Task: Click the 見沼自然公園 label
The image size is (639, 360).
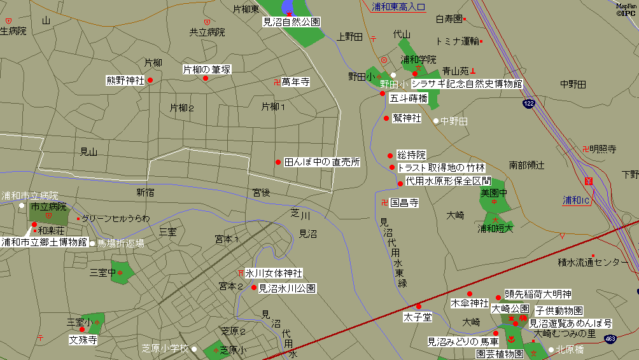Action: [x=291, y=22]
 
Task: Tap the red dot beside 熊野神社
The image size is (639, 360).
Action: [x=150, y=80]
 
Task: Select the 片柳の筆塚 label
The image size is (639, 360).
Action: [x=207, y=69]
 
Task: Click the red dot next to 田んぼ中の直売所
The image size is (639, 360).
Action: [x=278, y=162]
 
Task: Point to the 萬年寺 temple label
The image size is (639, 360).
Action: [x=295, y=82]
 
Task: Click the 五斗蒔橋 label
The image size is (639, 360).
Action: [x=408, y=98]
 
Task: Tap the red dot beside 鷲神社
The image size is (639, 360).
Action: [x=386, y=118]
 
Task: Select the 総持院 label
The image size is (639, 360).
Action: [x=411, y=155]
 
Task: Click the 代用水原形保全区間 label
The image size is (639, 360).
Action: [x=448, y=181]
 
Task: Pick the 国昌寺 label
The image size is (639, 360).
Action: [x=404, y=203]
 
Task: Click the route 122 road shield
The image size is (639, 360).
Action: [x=529, y=103]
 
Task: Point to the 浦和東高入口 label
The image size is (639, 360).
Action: [x=399, y=7]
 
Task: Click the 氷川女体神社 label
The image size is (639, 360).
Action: [x=274, y=273]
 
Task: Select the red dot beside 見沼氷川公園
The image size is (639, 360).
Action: [x=254, y=287]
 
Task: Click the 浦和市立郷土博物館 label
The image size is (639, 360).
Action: [x=44, y=242]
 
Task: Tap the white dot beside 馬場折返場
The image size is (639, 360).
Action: [x=92, y=243]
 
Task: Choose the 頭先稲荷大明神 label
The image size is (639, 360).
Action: [x=538, y=294]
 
